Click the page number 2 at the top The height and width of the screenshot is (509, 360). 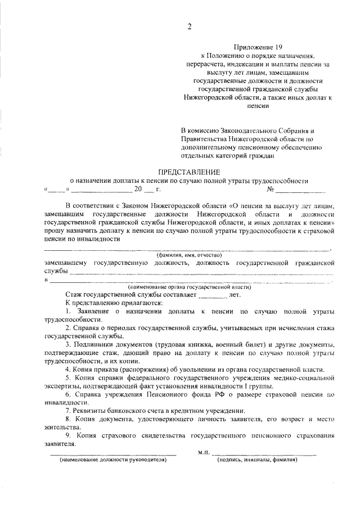tap(190, 26)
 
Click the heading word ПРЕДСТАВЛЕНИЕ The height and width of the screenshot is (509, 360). tap(189, 172)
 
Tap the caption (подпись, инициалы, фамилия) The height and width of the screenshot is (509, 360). tap(258, 459)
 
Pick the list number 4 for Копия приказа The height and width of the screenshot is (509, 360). tap(67, 369)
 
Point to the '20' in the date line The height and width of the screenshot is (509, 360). tap(137, 190)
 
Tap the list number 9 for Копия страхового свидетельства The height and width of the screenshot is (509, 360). tap(67, 435)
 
